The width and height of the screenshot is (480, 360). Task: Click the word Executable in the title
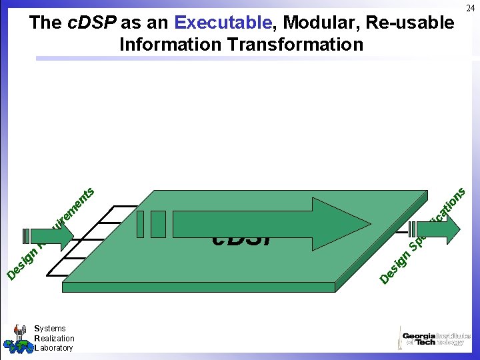tap(223, 23)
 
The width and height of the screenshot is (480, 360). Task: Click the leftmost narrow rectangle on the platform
tap(140, 224)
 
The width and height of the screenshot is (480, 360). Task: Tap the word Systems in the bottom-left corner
tap(50, 328)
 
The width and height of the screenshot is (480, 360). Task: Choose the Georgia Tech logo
tap(434, 337)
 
